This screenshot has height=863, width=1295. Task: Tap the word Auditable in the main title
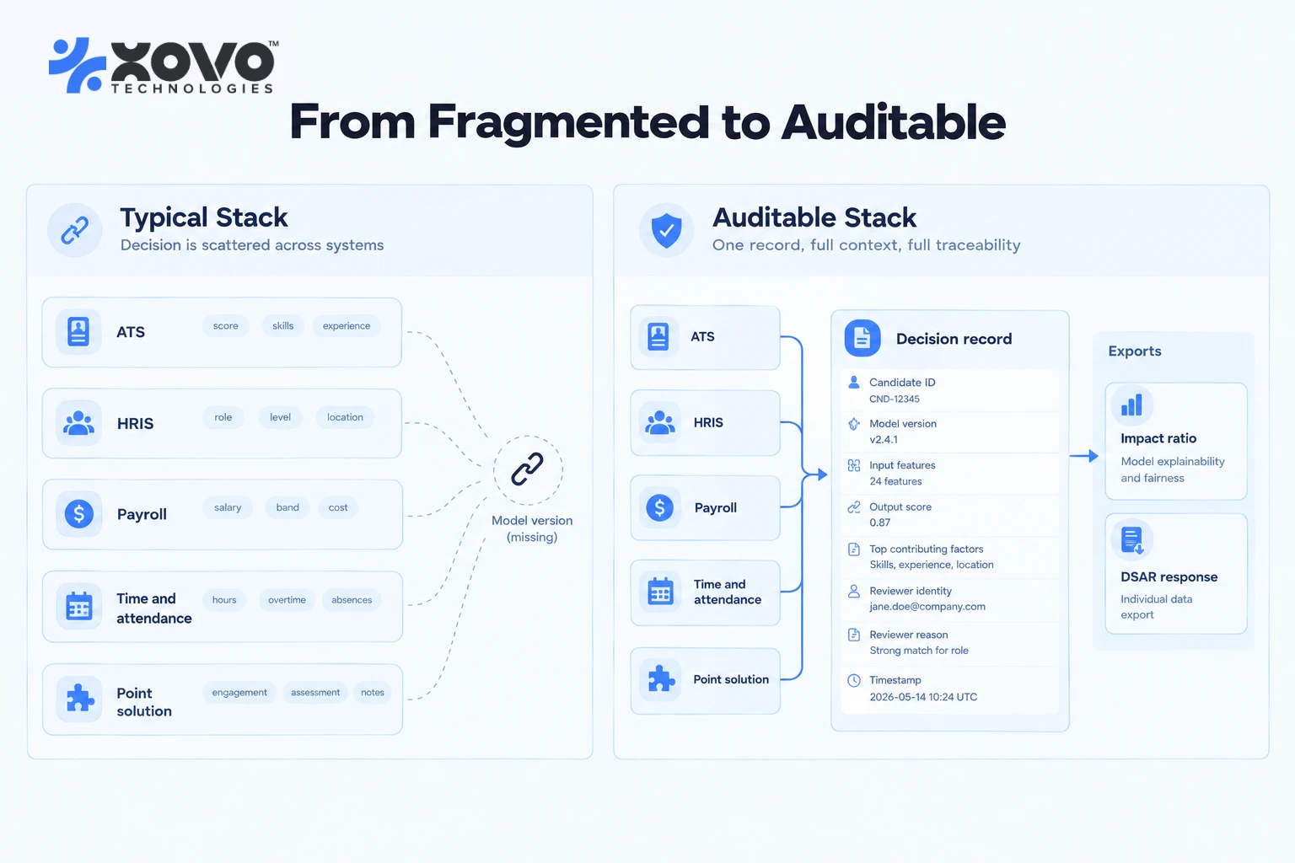893,122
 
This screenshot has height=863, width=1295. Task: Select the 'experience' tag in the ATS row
347,326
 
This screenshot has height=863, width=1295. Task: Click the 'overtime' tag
287,600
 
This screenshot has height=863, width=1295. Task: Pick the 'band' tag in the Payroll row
287,507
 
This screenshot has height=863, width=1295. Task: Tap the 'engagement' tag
239,693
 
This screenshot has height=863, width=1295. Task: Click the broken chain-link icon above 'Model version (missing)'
527,469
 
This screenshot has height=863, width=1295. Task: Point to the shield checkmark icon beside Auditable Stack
667,230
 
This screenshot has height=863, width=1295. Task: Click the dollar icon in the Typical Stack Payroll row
79,513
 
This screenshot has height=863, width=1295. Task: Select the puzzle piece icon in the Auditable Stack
661,678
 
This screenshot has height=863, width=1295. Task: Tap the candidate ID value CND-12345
895,399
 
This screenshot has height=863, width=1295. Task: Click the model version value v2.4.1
884,439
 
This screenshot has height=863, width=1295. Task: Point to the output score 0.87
880,523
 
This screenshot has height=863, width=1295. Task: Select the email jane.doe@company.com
927,606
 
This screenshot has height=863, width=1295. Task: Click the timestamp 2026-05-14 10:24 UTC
923,697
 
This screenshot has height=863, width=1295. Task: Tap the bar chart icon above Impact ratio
1132,405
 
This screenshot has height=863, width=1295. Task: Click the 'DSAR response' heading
1169,576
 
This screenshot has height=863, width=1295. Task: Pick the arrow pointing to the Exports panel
1084,456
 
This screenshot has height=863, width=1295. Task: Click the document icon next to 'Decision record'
862,338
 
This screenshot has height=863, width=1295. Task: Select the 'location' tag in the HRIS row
345,417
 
